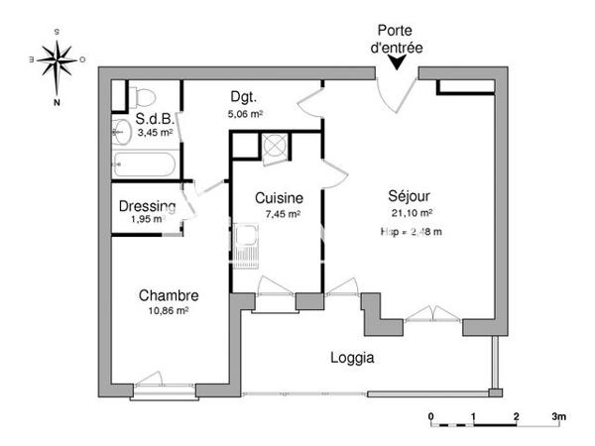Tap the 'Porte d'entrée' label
399,38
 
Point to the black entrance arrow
399,62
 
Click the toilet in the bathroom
142,96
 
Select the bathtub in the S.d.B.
144,164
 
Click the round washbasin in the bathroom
122,130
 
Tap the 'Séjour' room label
412,196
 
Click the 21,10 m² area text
412,212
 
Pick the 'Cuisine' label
272,196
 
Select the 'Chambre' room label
169,295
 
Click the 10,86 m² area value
169,310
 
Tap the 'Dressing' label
147,206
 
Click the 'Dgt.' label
244,97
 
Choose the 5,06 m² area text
244,113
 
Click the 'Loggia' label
351,358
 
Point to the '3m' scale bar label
559,416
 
